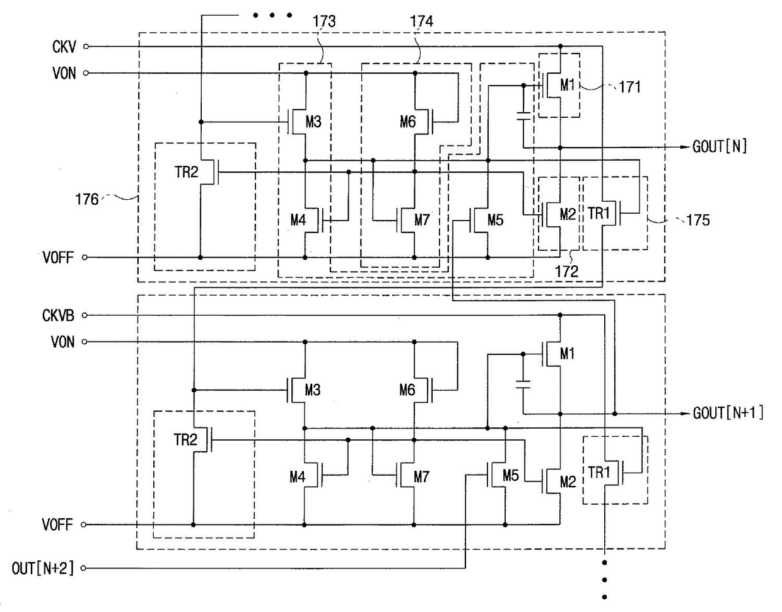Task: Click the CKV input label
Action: coord(64,47)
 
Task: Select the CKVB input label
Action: coord(58,315)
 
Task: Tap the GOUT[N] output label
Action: coord(720,146)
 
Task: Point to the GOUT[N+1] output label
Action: coord(728,413)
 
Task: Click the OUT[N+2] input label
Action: coord(43,568)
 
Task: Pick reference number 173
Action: coord(324,21)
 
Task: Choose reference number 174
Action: coord(422,21)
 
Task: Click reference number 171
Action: coord(630,87)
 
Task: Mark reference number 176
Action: coord(87,199)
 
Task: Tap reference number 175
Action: coord(698,220)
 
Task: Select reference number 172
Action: coord(567,272)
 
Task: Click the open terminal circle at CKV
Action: coord(86,47)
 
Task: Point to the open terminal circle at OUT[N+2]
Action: coord(83,568)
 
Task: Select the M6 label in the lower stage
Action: coord(407,390)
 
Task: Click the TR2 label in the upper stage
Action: coord(187,171)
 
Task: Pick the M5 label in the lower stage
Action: coord(511,475)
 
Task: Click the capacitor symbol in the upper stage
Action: coord(523,116)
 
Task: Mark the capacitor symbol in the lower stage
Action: coord(523,384)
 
